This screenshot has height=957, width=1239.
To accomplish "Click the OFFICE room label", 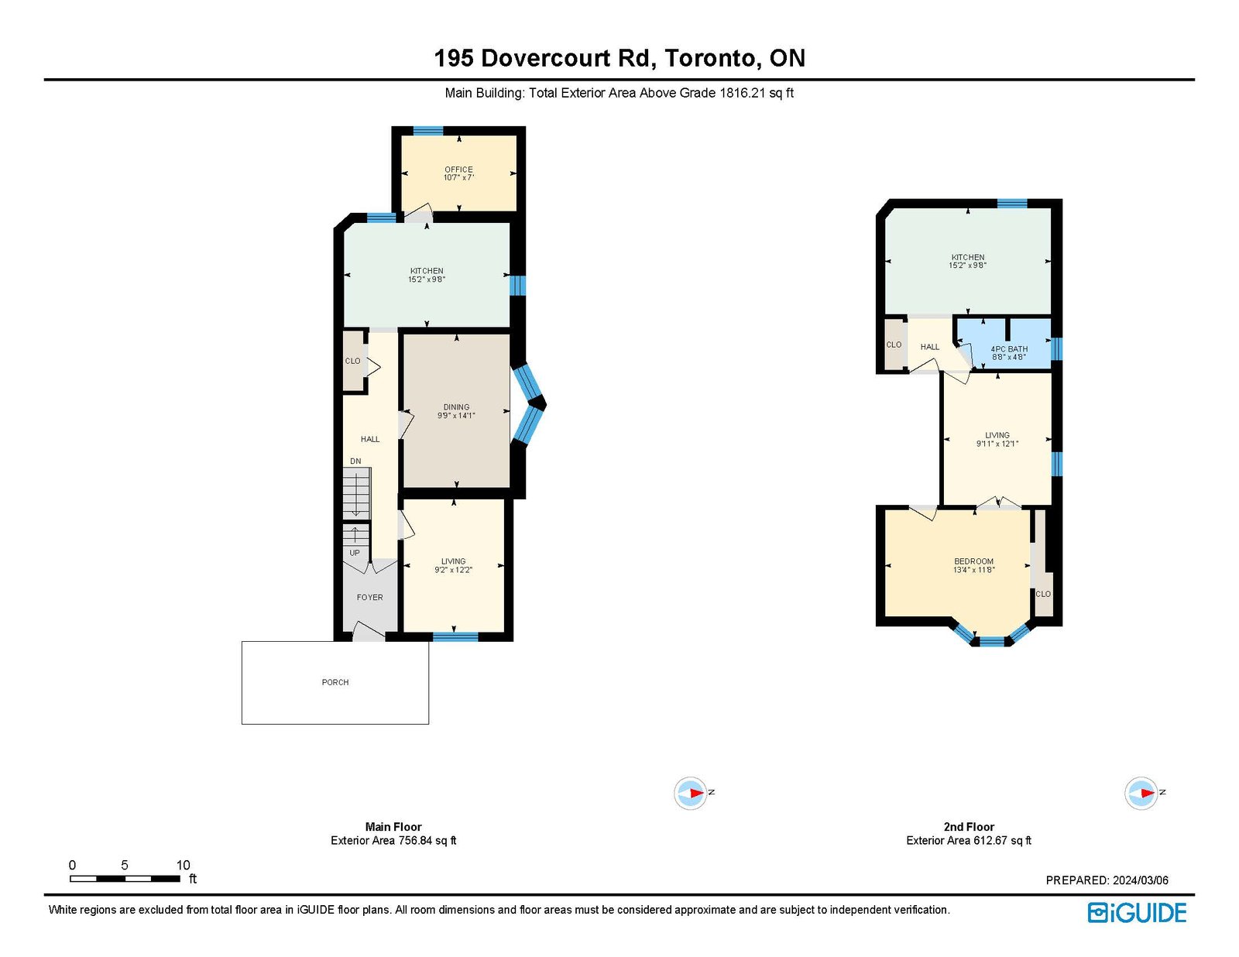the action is (458, 170).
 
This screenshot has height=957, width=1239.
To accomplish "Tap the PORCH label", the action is (335, 682).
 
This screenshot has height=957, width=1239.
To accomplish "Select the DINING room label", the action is (456, 407).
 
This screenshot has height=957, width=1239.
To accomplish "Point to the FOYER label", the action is (369, 597).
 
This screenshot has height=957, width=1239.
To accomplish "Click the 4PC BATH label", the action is (1009, 349).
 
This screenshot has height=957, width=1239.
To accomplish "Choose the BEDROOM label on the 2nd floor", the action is (974, 561).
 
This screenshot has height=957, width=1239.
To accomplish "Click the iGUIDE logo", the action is (1136, 913).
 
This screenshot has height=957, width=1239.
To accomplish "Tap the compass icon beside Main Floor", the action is (691, 793).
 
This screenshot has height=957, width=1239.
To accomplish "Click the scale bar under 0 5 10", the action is (125, 879).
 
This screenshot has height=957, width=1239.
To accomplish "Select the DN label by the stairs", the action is (355, 461).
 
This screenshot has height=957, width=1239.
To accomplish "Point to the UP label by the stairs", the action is (355, 553).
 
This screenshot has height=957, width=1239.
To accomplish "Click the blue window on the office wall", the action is (427, 131).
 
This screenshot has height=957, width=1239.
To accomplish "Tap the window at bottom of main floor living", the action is (455, 636).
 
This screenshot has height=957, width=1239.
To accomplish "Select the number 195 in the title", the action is (454, 58).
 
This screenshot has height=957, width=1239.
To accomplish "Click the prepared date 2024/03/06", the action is (1141, 880).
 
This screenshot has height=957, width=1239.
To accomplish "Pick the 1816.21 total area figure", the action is (743, 93).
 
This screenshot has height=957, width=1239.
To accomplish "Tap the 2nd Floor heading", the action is (969, 826).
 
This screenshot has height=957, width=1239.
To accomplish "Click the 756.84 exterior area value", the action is (415, 840).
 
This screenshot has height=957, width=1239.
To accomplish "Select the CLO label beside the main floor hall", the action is (352, 361).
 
